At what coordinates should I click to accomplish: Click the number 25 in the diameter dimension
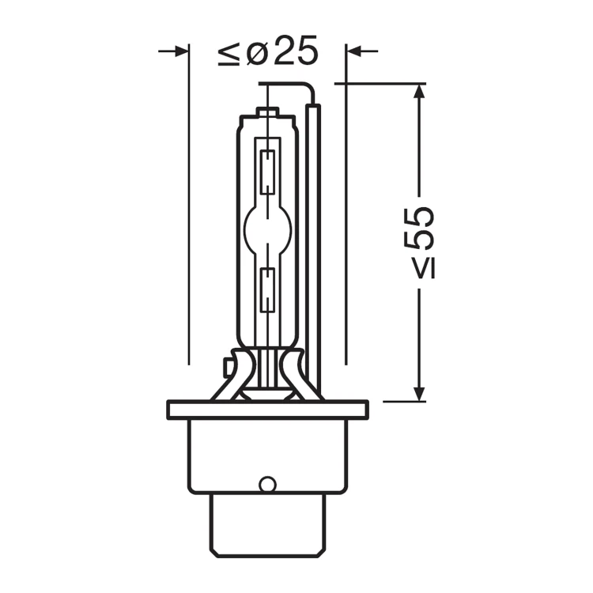(296, 51)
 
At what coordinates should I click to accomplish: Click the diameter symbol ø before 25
(258, 52)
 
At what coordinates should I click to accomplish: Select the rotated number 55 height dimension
(417, 227)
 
